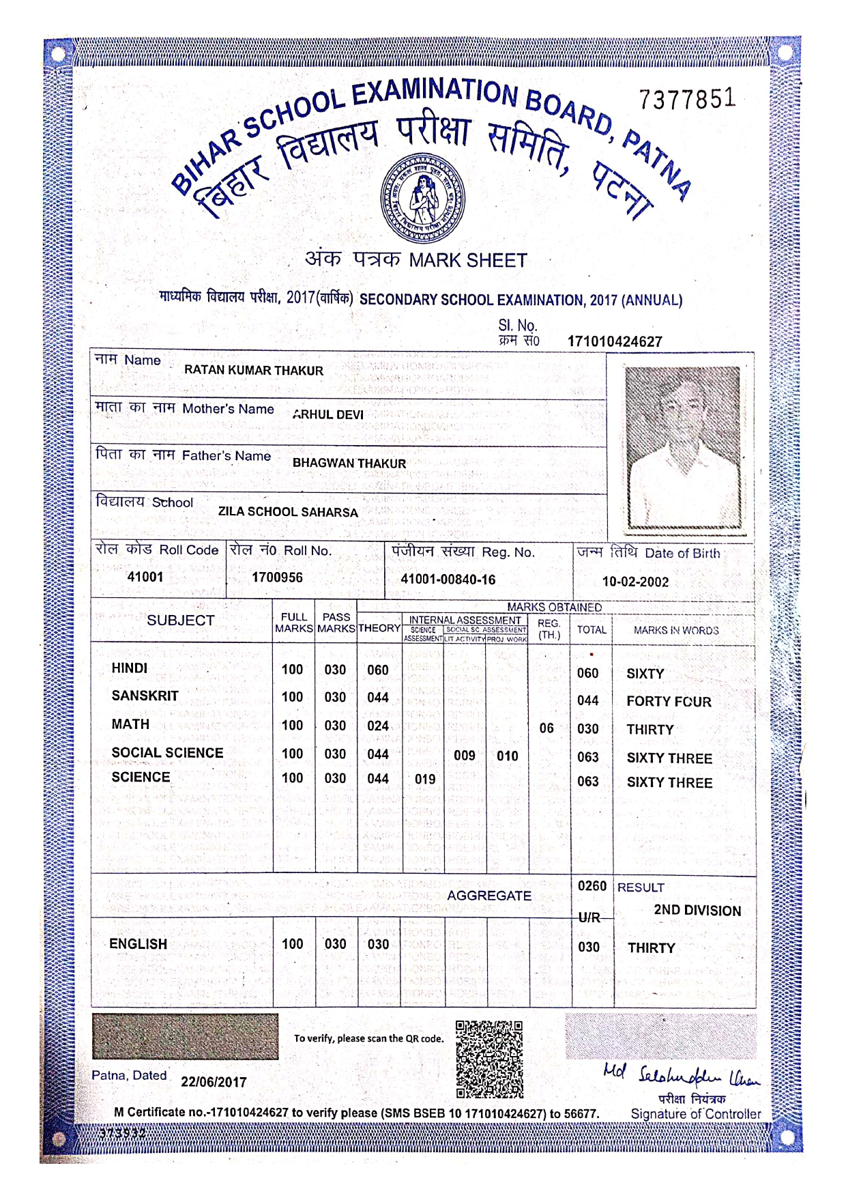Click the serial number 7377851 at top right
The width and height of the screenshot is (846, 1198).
click(688, 100)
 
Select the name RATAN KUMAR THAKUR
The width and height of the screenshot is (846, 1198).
click(254, 371)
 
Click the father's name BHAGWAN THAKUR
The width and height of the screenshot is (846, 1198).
click(349, 463)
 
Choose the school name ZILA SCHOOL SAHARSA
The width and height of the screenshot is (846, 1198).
click(288, 512)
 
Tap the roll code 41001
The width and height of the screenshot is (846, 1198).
click(145, 577)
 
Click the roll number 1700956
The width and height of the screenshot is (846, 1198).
click(277, 577)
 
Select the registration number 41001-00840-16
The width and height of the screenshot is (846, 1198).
click(448, 580)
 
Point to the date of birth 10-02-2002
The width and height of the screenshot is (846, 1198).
click(635, 582)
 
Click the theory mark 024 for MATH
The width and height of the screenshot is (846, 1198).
click(378, 726)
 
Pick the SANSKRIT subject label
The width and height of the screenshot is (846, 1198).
click(145, 696)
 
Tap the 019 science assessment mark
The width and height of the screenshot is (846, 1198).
click(425, 779)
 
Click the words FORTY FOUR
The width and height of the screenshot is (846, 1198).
click(669, 702)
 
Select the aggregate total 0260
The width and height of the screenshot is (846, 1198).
click(592, 886)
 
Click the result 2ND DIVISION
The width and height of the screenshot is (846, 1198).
click(697, 911)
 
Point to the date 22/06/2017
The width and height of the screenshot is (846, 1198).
click(214, 1082)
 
